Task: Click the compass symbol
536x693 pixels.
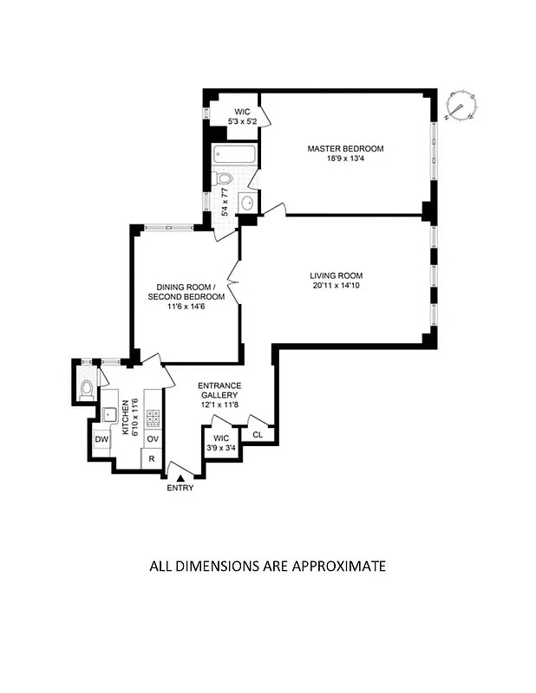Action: point(460,105)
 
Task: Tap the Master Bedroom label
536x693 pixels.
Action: point(345,149)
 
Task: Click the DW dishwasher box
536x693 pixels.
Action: point(101,439)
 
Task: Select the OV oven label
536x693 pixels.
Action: point(151,439)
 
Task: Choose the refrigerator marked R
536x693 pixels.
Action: point(151,459)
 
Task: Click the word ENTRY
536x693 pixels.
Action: point(181,488)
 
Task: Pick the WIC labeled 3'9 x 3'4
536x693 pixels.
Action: point(220,443)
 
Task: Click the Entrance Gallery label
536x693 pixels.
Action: point(219,391)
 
